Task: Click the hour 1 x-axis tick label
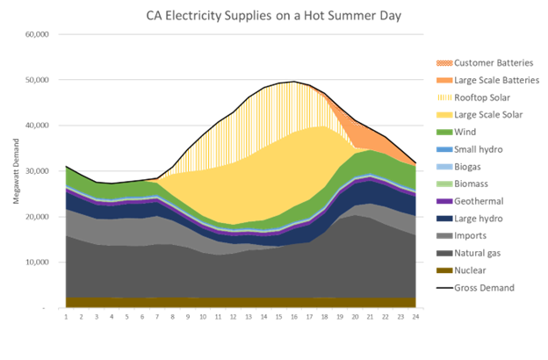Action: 66,317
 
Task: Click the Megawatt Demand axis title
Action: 16,171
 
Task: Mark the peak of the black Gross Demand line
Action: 294,82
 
